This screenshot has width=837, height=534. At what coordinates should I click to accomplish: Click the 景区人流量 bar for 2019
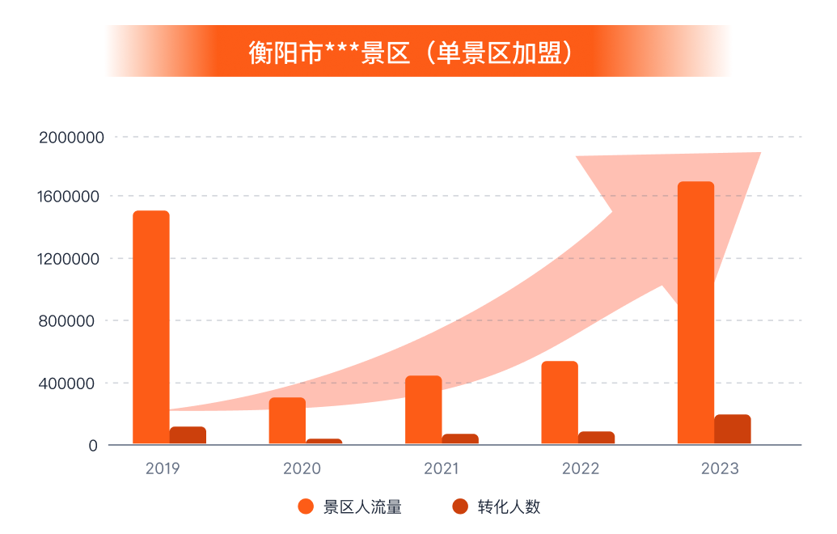[150, 327]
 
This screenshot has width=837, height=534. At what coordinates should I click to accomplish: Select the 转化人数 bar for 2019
[188, 435]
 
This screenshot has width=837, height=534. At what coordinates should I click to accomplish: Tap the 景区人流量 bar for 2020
[287, 421]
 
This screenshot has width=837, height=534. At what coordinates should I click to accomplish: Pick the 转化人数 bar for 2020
[323, 442]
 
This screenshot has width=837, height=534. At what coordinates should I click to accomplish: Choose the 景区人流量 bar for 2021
[423, 409]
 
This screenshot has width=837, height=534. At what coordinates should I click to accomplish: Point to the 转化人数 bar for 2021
[460, 439]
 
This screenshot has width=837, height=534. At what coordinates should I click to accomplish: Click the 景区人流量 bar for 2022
[560, 402]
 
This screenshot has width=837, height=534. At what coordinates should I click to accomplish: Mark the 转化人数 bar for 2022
[596, 438]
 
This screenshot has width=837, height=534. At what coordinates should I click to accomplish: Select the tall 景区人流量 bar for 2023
[695, 312]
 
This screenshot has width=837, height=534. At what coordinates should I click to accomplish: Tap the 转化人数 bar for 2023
[733, 430]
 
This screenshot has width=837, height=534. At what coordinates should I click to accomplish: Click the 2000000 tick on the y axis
[72, 138]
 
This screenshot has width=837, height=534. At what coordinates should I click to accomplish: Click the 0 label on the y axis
[93, 445]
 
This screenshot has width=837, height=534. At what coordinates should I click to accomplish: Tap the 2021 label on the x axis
[441, 468]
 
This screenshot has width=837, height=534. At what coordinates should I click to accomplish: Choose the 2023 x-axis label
[721, 468]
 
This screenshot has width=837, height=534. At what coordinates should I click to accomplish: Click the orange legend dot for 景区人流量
[306, 507]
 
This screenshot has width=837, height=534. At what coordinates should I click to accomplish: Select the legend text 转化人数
[509, 507]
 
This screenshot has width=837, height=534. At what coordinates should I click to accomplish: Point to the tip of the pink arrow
[759, 154]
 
